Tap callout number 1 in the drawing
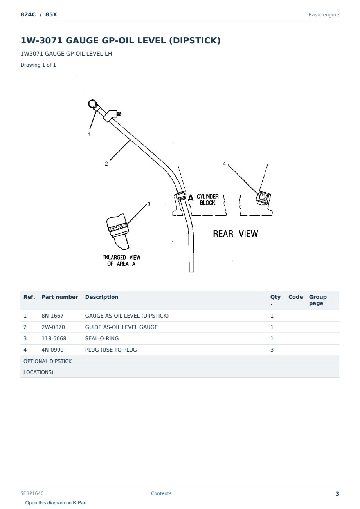90,134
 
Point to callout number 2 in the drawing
106,164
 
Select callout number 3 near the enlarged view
149,204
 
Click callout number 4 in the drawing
224,164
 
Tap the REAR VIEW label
235,234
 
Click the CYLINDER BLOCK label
208,200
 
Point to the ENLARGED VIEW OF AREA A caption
121,260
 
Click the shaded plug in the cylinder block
263,198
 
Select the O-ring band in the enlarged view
118,227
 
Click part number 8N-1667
52,316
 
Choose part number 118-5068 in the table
54,338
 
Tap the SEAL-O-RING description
102,338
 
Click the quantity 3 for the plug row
272,350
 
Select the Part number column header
60,297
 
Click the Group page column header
318,300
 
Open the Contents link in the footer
161,493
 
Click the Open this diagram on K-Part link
56,502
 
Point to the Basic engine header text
324,15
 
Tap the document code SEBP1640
32,493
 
